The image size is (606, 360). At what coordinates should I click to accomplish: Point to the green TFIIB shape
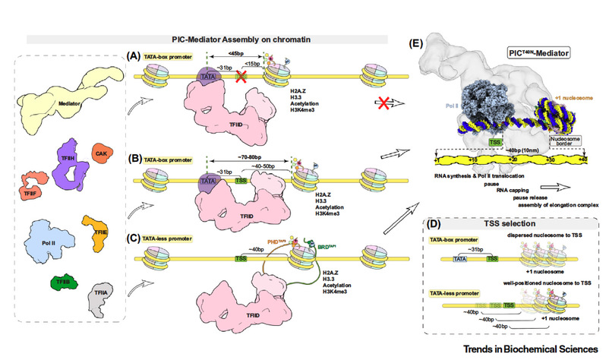click(x=59, y=283)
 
